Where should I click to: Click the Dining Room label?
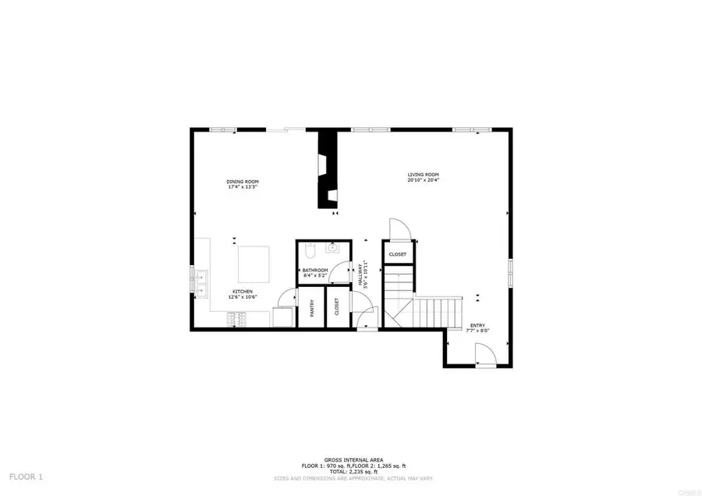[243, 182]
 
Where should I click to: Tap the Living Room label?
[424, 174]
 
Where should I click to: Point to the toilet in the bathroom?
[309, 251]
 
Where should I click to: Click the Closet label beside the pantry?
[336, 306]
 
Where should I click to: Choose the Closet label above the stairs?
[398, 254]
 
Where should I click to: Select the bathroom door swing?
[340, 272]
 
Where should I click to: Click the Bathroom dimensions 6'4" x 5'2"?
[315, 276]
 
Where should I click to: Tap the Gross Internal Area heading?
[353, 461]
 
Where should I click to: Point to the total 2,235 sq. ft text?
[353, 471]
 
